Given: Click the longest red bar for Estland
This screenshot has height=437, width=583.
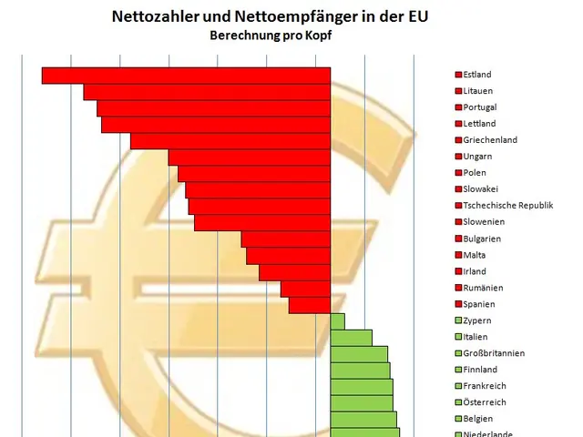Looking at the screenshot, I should pos(186,76).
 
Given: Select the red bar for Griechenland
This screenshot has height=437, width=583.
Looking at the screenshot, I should pos(230,141).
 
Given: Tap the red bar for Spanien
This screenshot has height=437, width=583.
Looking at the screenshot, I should pos(309,305).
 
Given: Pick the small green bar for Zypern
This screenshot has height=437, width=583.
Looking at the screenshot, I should pos(337,321).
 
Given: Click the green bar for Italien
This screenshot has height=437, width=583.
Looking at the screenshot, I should pos(351,338).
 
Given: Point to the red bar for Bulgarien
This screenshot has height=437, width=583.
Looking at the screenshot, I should pos(285,239).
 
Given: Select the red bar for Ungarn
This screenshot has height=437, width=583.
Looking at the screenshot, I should pos(249,158).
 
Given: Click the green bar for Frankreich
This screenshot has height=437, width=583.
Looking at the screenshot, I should pos(361,387).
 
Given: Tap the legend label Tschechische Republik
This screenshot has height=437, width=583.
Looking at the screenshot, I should pos(508,206).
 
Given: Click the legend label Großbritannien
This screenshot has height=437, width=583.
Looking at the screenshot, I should pos(493,353).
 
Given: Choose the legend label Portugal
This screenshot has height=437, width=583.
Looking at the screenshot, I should pos(480,107).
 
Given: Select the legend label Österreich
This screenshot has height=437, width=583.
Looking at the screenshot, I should pos(485,402).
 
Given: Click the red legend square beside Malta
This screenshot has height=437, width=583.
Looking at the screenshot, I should pos(458,255).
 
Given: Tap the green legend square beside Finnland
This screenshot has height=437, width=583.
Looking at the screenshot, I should pos(458,370).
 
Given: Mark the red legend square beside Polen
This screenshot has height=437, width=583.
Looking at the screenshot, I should pos(458,173).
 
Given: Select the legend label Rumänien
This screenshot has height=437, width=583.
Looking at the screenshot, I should pos(483,288).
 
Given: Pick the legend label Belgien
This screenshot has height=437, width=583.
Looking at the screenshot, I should pos(479,419).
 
